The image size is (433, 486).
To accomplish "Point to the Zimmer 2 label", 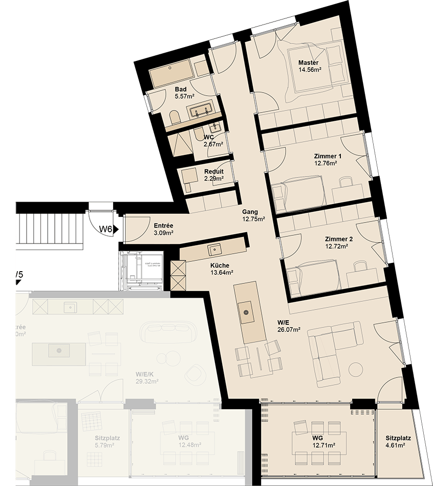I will (x=338, y=239).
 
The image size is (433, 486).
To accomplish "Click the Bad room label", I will (x=180, y=89).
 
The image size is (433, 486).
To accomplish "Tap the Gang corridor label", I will (x=250, y=212).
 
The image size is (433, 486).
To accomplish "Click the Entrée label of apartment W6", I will (x=163, y=226).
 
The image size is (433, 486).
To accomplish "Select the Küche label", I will (x=220, y=266).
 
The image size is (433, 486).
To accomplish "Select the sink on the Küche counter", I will (x=213, y=250).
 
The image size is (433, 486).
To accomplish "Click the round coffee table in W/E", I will (x=356, y=369).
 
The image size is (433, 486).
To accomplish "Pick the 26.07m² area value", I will (x=289, y=329).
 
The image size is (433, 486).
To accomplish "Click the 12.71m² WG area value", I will (x=324, y=446).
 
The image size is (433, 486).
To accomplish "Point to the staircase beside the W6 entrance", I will (x=49, y=231).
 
